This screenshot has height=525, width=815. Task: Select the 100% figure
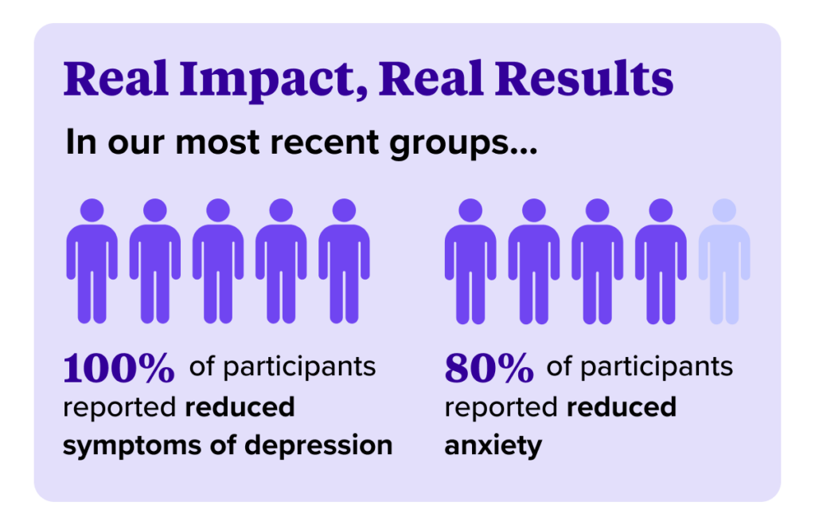click(118, 367)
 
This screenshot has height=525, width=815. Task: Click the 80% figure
click(489, 367)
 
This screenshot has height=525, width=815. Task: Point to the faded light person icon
click(723, 263)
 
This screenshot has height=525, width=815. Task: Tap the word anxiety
click(493, 445)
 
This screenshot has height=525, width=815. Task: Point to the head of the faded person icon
click(724, 210)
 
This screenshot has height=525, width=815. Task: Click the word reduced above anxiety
click(621, 406)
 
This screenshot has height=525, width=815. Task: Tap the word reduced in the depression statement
click(240, 406)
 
